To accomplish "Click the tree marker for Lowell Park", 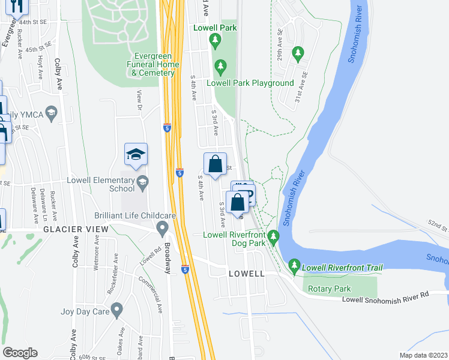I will coord(215,41).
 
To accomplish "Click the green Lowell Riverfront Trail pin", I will coord(294,265).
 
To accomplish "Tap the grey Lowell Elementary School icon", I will coord(143,182).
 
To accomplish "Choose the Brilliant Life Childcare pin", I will coord(161,228).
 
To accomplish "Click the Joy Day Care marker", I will coord(116,310).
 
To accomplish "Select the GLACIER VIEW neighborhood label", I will coord(75,229).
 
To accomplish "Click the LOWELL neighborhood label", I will coord(247,274).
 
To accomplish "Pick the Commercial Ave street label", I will coord(151,295).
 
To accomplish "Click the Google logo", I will coord(20,353).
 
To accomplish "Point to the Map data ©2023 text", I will coord(423,355).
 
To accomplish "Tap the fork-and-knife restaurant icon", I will coord(16,6).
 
